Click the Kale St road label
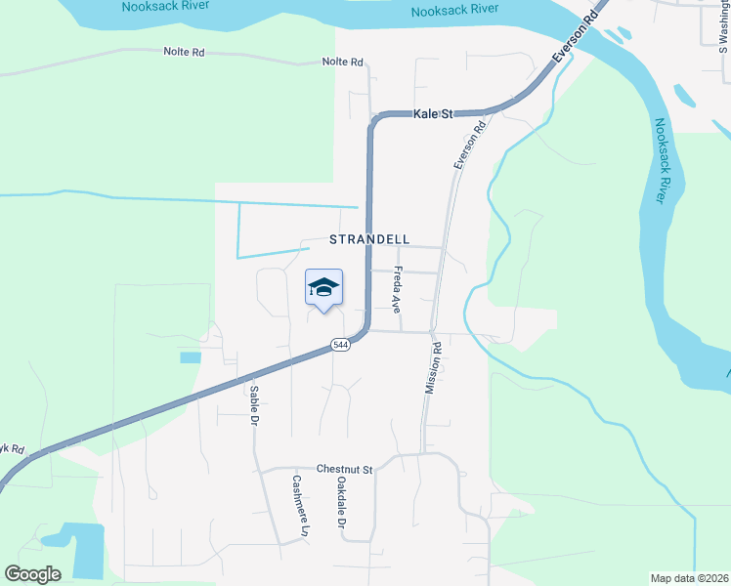tap(434, 114)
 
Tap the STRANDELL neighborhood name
tap(368, 239)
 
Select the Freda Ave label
tap(398, 289)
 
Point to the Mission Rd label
tap(433, 367)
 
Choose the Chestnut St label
tap(345, 470)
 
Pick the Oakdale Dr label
tap(342, 502)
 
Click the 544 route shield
tap(339, 345)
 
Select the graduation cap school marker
tap(323, 287)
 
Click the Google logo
tap(33, 574)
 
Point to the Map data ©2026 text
tap(688, 578)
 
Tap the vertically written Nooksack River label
tap(665, 160)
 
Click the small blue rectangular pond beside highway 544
tap(190, 357)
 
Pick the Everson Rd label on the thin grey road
tap(470, 146)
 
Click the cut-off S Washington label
tap(724, 24)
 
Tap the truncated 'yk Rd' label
tap(12, 448)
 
